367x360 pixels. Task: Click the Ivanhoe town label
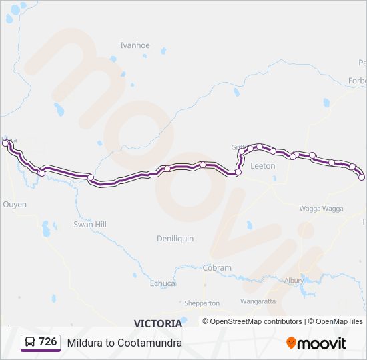[135, 45]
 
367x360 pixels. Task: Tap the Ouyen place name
[15, 205]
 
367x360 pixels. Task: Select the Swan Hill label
[90, 225]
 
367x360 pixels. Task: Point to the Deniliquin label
[175, 238]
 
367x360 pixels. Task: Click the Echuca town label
[162, 283]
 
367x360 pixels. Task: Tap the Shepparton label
[202, 303]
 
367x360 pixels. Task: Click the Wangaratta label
[258, 301]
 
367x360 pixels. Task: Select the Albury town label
[294, 281]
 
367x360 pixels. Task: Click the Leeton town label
[262, 166]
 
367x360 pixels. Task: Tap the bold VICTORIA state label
[157, 323]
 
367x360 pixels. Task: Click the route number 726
[47, 342]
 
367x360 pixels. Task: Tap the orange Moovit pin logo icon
[291, 343]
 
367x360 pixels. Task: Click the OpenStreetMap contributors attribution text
[256, 321]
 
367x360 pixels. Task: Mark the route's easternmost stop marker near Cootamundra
[362, 177]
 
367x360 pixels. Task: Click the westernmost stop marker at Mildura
[5, 143]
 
